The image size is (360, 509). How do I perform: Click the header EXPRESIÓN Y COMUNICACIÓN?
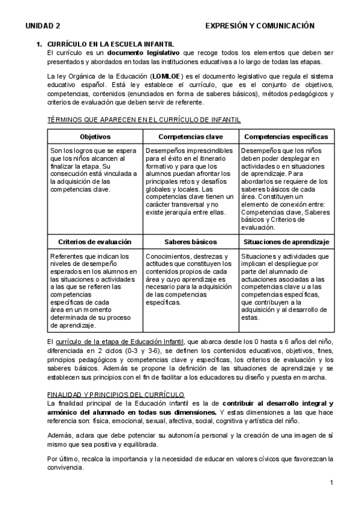pos(260,26)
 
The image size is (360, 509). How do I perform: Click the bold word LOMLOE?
pos(169,77)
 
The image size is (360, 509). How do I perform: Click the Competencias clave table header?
pos(190,137)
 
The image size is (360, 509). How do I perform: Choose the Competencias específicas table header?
pos(286,137)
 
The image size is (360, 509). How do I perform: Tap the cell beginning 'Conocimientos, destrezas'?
pos(190,279)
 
